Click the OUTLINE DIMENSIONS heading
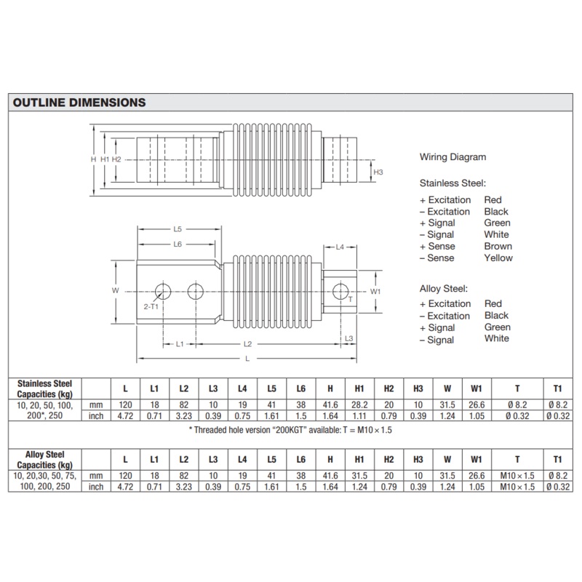[x=79, y=103]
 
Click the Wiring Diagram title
[x=453, y=157]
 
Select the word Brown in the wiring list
[x=498, y=246]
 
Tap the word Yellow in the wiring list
[x=498, y=258]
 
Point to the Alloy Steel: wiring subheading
[x=444, y=288]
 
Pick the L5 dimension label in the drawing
[x=177, y=229]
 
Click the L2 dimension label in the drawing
[x=247, y=343]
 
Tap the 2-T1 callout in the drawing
[x=151, y=307]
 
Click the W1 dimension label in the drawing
[x=375, y=292]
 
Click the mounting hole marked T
[x=340, y=292]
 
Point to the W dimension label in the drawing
[x=115, y=290]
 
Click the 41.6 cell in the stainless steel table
[x=330, y=404]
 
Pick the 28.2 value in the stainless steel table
[x=359, y=404]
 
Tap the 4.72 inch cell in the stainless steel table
[x=125, y=416]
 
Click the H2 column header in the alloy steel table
[x=388, y=459]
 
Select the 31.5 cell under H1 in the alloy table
[x=359, y=475]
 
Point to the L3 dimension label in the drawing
[x=348, y=339]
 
